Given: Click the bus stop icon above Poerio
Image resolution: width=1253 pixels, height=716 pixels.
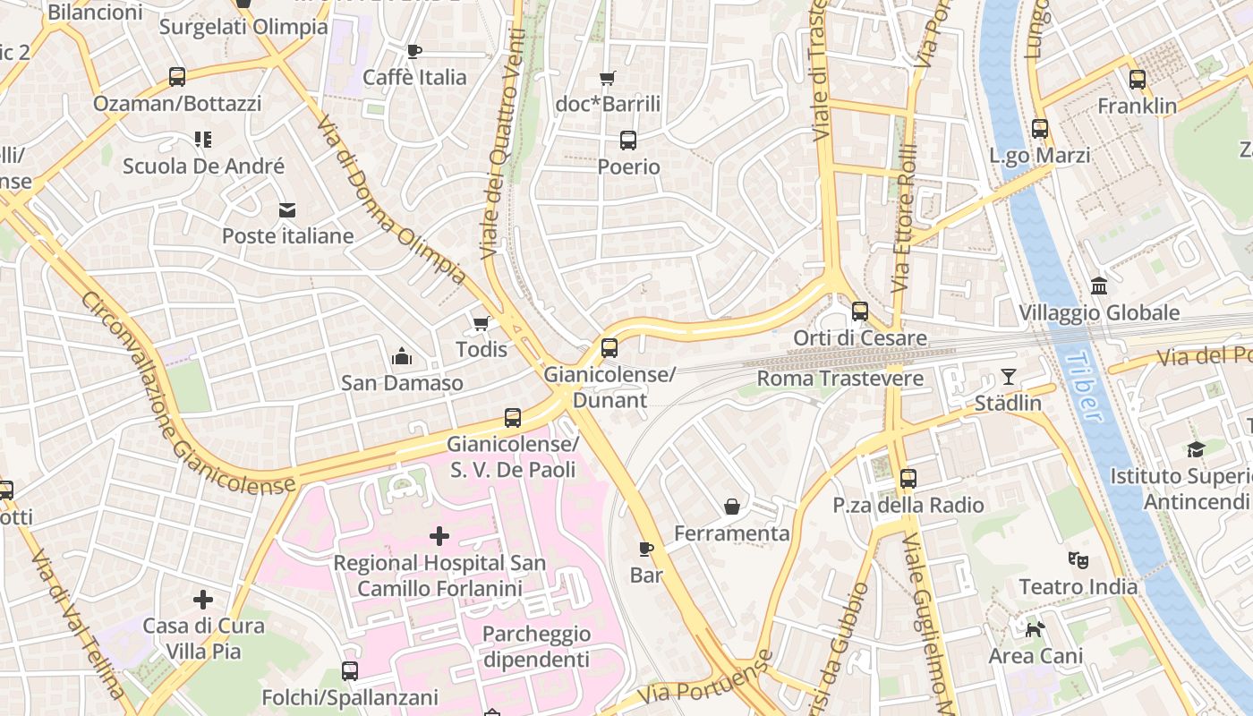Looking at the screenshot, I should [x=628, y=141].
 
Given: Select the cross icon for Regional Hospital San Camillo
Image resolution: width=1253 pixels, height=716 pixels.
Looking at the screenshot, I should [x=439, y=536].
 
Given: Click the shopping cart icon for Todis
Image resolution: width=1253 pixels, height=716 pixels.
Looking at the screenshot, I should [x=482, y=323].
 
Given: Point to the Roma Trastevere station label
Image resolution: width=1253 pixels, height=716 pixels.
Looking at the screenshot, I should [x=840, y=379].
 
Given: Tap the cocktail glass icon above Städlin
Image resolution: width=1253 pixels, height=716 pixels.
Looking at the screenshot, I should [x=1009, y=377].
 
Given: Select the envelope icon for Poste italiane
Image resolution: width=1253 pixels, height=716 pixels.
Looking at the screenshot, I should [x=287, y=210].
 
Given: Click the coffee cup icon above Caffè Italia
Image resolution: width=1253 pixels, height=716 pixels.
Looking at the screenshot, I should [x=414, y=51].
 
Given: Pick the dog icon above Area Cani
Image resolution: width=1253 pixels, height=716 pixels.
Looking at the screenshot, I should [x=1035, y=630].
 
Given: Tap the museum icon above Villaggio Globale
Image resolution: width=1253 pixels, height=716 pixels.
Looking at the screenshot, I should [x=1099, y=286].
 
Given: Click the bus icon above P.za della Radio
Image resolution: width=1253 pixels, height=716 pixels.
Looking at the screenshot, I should [x=908, y=479].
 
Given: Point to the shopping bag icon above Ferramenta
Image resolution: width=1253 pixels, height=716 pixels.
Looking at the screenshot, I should [x=732, y=507].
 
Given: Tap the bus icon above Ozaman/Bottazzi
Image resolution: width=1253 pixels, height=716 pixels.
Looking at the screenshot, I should [x=177, y=77].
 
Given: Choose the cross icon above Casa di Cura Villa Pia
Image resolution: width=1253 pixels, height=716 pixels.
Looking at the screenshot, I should [x=203, y=599].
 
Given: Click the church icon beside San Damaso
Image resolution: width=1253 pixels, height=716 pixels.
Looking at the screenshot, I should [x=402, y=357].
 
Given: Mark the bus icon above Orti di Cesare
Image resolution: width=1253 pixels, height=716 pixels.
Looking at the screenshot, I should [x=860, y=311].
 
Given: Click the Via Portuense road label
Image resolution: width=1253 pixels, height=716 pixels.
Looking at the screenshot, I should [x=706, y=682].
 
